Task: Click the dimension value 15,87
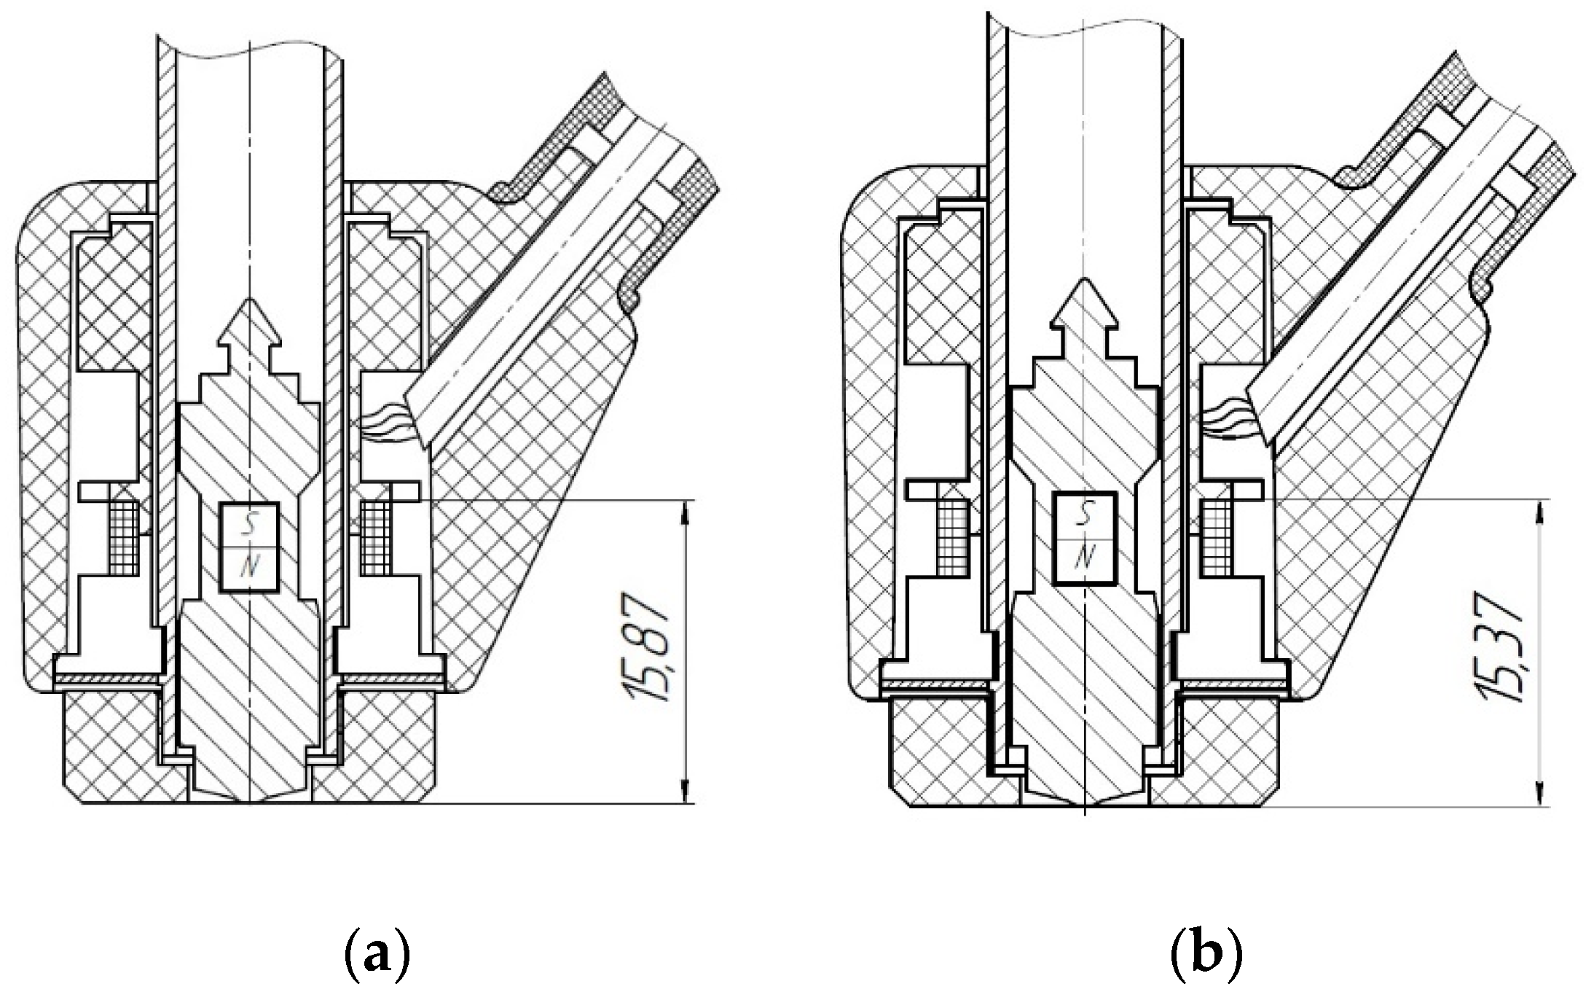[x=649, y=649]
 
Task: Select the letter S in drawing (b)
[x=1085, y=516]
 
